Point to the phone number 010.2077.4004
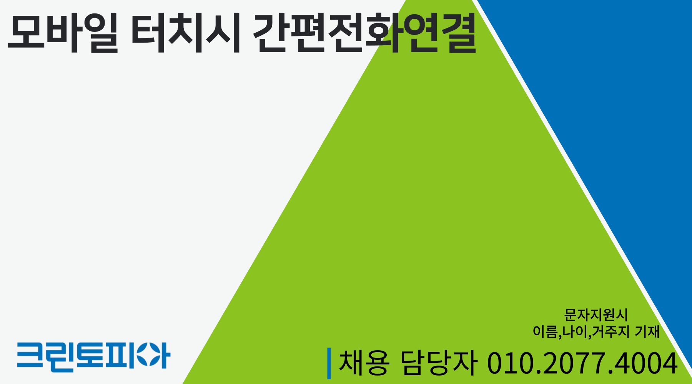tap(582, 363)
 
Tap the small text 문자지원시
tap(596, 315)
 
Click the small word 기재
tap(647, 331)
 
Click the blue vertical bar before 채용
tap(329, 363)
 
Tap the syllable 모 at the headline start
tap(26, 33)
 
